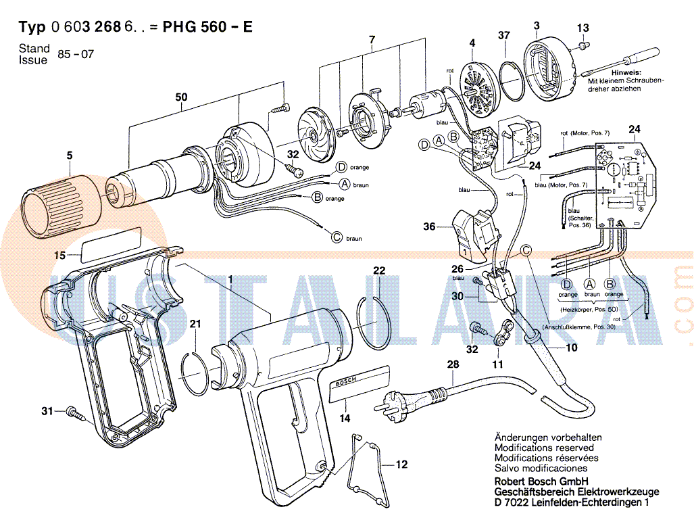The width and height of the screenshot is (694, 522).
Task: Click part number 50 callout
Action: click(x=181, y=97)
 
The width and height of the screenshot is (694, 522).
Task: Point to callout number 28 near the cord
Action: click(x=452, y=365)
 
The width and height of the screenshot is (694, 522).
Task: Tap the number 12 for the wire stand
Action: click(x=402, y=465)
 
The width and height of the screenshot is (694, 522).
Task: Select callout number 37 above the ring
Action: click(x=504, y=35)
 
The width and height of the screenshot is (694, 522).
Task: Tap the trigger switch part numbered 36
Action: click(x=476, y=234)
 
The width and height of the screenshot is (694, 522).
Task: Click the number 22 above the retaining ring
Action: click(x=380, y=270)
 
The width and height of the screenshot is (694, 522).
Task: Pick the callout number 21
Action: click(x=195, y=325)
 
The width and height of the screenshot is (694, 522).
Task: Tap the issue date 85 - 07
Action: click(x=76, y=54)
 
